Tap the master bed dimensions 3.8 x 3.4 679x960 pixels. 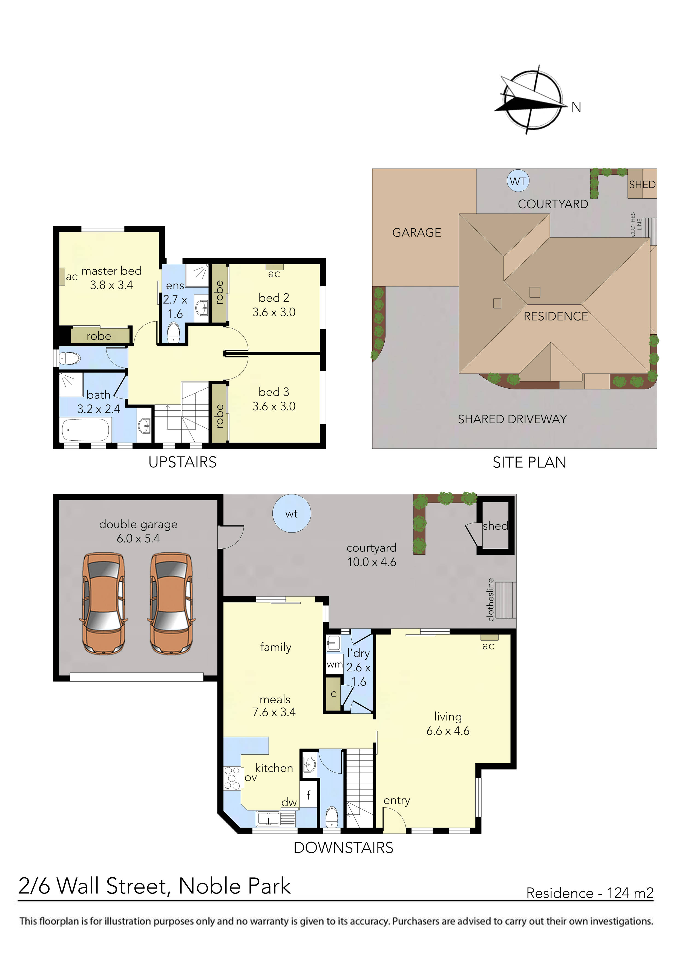tap(111, 285)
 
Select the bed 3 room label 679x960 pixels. tap(274, 392)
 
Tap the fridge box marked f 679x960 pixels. tap(309, 795)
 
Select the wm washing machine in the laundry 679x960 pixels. tap(334, 664)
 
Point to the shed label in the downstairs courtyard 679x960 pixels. tap(495, 526)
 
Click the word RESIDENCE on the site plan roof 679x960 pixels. tap(556, 317)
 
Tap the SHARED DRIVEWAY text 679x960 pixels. tap(512, 419)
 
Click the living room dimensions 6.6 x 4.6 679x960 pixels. tap(448, 731)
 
